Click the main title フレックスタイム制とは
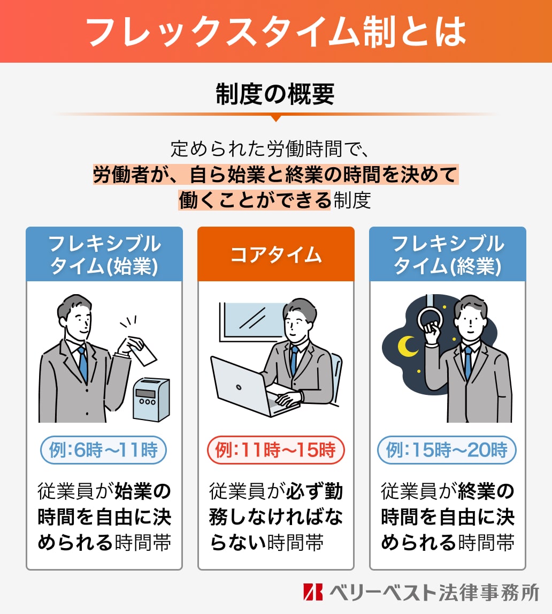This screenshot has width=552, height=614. click(275, 32)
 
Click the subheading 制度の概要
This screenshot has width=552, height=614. click(275, 94)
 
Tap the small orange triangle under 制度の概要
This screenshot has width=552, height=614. click(275, 118)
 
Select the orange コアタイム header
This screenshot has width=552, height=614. click(275, 254)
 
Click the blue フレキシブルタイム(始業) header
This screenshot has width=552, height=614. click(104, 254)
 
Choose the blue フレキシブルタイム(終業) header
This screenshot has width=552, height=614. click(448, 254)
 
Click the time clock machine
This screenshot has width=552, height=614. click(150, 400)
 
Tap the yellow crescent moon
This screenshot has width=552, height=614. click(410, 346)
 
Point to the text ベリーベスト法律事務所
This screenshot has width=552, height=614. click(433, 591)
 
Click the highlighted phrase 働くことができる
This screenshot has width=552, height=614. click(255, 200)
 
